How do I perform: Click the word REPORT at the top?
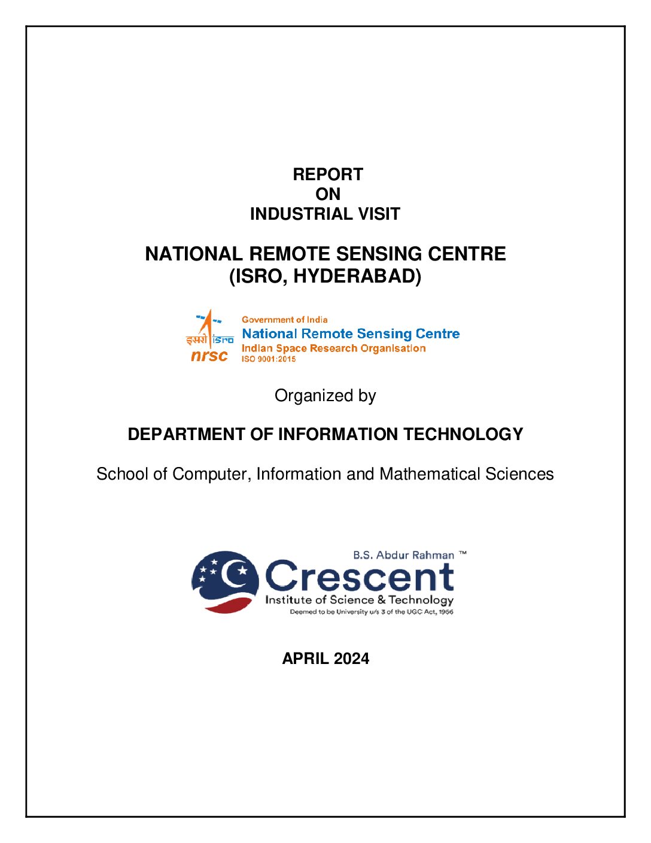328,174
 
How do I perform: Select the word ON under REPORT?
328,194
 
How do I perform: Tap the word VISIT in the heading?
377,214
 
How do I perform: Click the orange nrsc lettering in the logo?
209,356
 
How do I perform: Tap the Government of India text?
284,320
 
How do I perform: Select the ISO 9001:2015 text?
269,359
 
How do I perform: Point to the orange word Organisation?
393,348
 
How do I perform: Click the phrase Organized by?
325,396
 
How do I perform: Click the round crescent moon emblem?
225,581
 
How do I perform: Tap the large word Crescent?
359,576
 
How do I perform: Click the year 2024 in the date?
351,659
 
